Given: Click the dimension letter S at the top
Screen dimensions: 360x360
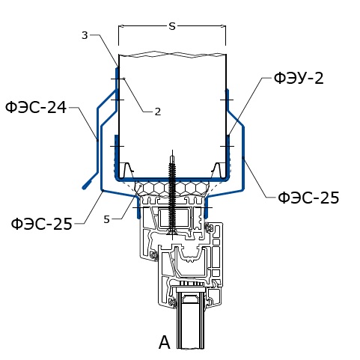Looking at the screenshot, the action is [x=172, y=26].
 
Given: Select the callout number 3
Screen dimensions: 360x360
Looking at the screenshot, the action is [x=85, y=35].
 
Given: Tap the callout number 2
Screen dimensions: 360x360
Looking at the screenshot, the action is [x=158, y=112].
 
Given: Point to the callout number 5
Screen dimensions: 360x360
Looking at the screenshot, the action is [x=107, y=219].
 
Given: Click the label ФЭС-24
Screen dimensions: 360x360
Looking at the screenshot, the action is [x=36, y=108].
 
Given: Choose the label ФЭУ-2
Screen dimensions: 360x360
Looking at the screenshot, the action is [x=299, y=78].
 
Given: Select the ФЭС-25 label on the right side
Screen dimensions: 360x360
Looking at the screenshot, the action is [x=308, y=198].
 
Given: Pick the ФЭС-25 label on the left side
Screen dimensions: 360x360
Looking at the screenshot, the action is [x=42, y=223].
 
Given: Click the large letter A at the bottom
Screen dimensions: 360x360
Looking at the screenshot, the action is [x=165, y=343].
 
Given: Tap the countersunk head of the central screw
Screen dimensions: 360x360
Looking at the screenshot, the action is [x=172, y=233].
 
